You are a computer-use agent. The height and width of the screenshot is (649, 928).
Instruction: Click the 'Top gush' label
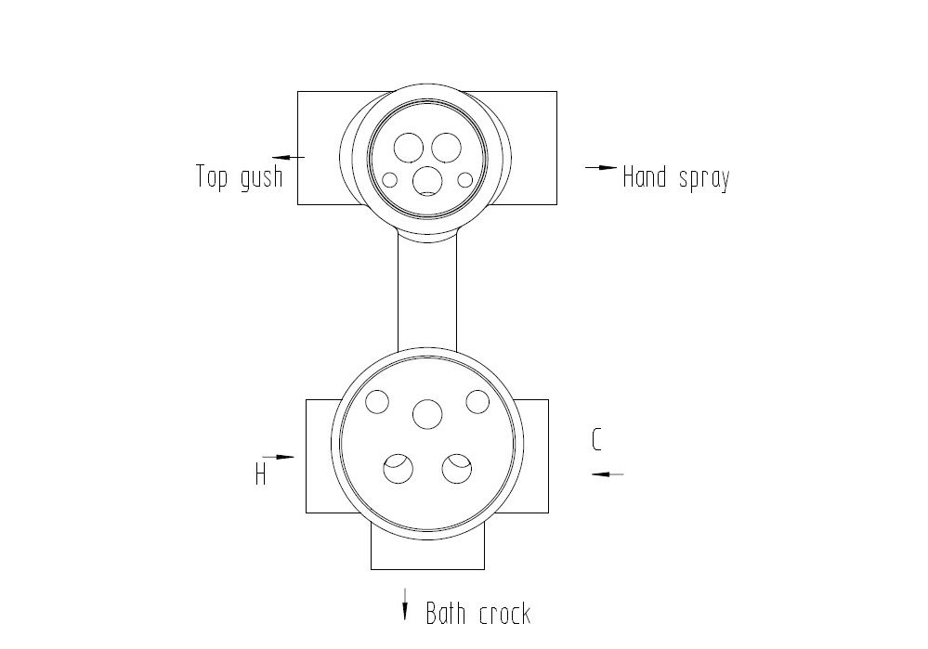[x=240, y=176]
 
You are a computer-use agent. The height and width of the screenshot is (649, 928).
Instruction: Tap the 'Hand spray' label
[x=676, y=177]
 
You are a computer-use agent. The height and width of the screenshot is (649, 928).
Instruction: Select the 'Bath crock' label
[x=478, y=614]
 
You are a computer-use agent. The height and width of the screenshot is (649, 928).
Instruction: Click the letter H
[x=260, y=474]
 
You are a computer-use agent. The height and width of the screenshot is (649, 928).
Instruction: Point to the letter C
[x=596, y=439]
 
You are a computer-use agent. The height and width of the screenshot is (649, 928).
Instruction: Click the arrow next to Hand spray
[x=601, y=167]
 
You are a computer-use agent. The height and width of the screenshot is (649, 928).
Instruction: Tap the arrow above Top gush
[x=289, y=157]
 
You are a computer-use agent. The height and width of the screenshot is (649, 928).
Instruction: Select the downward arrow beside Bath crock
[x=405, y=604]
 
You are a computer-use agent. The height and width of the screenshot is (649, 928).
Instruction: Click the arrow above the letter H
[x=278, y=457]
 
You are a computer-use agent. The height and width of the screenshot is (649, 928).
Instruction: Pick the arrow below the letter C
[x=608, y=474]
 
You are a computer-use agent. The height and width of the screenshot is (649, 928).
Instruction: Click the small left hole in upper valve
[x=389, y=179]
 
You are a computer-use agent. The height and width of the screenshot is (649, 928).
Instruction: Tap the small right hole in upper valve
[x=465, y=179]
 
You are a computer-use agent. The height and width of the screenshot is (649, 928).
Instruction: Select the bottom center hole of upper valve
[x=427, y=180]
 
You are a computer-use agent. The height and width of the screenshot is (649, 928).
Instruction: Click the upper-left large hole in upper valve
[x=409, y=148]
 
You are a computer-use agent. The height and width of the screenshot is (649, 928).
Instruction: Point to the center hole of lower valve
[x=427, y=413]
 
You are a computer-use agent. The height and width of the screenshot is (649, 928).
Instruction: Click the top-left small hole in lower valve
[x=377, y=402]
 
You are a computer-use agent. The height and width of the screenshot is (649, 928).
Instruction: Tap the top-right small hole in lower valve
[x=477, y=402]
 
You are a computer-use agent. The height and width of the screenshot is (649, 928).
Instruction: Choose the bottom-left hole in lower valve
[x=399, y=469]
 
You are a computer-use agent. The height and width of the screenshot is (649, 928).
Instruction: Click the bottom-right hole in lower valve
[x=456, y=469]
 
